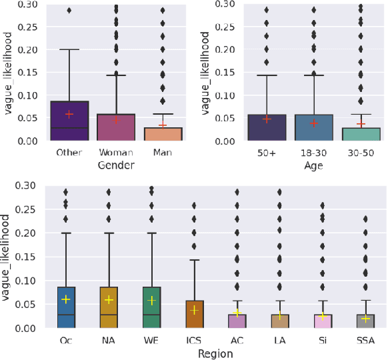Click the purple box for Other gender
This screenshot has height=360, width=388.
(69, 121)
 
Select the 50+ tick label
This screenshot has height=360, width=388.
(267, 153)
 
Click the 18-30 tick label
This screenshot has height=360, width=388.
(313, 153)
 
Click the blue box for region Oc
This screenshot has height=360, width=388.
(66, 307)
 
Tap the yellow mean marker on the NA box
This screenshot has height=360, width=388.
(109, 300)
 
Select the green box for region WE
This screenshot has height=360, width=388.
(151, 307)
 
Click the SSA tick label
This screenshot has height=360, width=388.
(365, 341)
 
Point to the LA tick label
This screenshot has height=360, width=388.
(279, 341)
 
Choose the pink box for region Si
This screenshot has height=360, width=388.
(323, 321)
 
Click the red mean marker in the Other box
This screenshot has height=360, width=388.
(69, 114)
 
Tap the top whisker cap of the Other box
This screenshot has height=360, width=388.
(69, 49)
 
